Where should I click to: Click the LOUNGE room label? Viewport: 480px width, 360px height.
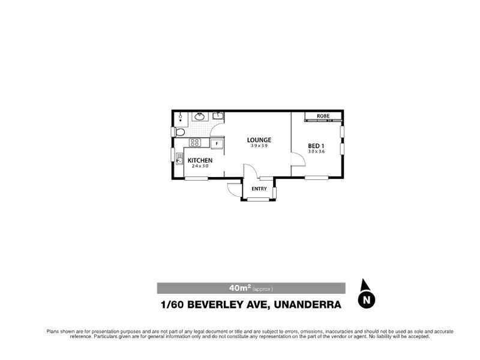[259, 140]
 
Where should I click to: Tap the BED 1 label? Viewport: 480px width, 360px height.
[316, 145]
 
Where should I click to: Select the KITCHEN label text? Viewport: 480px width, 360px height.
[200, 160]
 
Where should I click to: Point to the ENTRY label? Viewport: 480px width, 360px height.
[259, 189]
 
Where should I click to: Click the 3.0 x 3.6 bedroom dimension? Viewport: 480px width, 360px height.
[316, 152]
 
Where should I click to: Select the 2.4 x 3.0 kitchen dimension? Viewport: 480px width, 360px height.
[200, 166]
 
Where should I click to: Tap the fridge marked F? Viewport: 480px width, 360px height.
[217, 143]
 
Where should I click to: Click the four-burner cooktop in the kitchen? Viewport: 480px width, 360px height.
[194, 143]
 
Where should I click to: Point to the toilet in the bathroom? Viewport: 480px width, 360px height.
[179, 131]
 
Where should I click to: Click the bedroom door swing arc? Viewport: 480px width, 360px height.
[296, 159]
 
